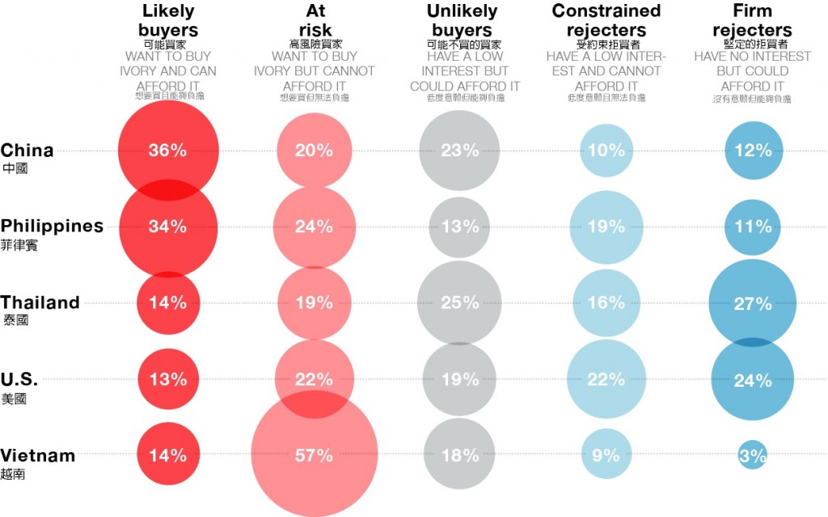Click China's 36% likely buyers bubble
(x=168, y=150)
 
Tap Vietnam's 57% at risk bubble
(x=314, y=456)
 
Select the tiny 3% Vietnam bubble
(x=753, y=456)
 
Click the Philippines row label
(x=52, y=227)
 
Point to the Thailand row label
(x=40, y=303)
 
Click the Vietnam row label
(x=38, y=456)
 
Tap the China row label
(x=27, y=150)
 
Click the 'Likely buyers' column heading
(x=170, y=21)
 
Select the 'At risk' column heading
(x=315, y=21)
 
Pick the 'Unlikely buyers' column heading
(x=460, y=21)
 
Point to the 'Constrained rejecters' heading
(x=606, y=21)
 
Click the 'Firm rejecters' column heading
(x=753, y=21)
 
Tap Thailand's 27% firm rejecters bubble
(x=753, y=303)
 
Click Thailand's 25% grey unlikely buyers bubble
(x=460, y=303)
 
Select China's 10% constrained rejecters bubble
(x=606, y=150)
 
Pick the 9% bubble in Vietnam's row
(x=606, y=456)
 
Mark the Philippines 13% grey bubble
(x=460, y=227)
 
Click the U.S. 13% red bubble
(x=168, y=379)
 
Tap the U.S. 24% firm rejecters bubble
(x=753, y=379)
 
